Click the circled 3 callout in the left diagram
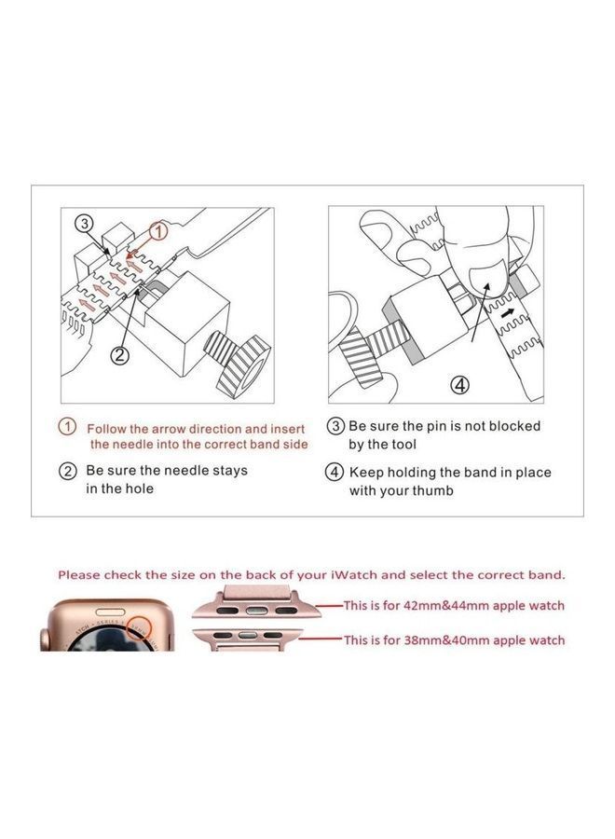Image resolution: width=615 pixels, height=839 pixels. coord(85,223)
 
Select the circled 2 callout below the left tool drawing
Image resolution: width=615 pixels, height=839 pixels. coord(119,354)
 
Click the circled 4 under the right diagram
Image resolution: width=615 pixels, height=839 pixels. coord(459,384)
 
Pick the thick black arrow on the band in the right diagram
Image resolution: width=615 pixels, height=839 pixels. coord(508,314)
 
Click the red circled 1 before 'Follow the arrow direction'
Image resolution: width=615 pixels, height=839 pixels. coord(68,427)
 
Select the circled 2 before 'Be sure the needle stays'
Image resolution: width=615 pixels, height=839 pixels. coord(68,471)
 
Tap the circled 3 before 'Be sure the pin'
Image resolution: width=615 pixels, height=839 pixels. coord(335,426)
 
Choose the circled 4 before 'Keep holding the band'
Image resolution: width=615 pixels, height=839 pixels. coord(335,472)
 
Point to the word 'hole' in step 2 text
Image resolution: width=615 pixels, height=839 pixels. coord(137,488)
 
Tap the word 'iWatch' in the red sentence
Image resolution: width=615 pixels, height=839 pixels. coord(354,575)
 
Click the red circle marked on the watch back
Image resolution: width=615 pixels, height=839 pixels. coord(139,627)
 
